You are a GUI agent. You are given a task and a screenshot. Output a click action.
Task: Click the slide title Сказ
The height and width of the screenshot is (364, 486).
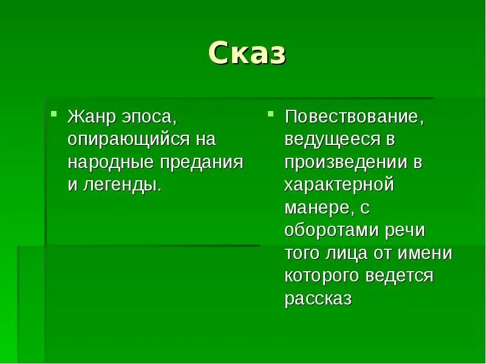247,54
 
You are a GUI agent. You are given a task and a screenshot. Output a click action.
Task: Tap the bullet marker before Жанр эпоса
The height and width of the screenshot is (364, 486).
53,113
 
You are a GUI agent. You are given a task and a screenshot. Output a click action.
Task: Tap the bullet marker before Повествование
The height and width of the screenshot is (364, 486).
271,113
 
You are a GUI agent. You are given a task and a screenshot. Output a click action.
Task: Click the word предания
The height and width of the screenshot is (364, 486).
202,163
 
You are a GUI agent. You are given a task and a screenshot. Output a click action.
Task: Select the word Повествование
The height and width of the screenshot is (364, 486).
354,116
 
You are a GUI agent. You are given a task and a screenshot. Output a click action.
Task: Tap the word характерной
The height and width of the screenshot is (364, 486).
339,185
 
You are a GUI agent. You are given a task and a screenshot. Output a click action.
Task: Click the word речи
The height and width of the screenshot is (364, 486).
404,231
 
